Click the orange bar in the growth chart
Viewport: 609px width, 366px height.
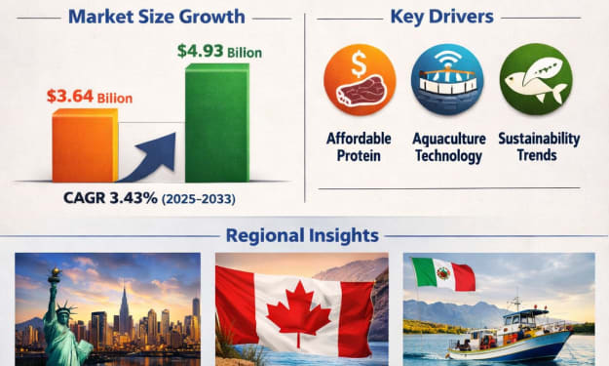(85, 145)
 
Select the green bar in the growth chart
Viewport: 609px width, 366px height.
(217, 123)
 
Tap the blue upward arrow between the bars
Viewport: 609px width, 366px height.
(149, 157)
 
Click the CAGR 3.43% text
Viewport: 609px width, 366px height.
(110, 198)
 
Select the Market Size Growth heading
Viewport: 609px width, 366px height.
(157, 17)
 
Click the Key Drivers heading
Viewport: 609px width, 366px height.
(442, 17)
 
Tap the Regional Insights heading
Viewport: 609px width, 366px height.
(302, 235)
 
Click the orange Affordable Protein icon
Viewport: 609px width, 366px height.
(360, 79)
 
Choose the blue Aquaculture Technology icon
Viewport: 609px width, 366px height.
(447, 79)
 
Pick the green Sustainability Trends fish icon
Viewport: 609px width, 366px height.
(536, 79)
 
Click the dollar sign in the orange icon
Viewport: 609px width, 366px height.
(359, 63)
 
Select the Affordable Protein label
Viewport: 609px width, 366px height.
(359, 146)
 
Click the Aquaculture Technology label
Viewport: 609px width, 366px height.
(448, 147)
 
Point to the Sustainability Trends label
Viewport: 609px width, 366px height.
(539, 146)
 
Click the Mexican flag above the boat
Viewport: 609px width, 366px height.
(443, 274)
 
